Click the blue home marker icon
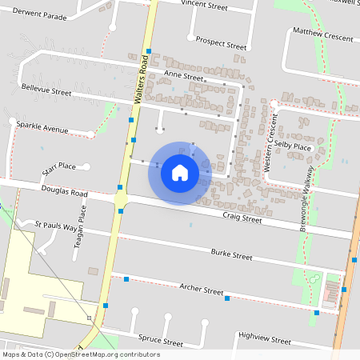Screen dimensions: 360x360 180,172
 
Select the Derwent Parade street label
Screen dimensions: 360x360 34,16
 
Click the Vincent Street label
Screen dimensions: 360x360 205,4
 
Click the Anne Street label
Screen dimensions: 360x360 183,76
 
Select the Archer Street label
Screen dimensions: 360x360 201,290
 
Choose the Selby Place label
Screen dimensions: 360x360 292,146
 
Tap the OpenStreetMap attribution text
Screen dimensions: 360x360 80,354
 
